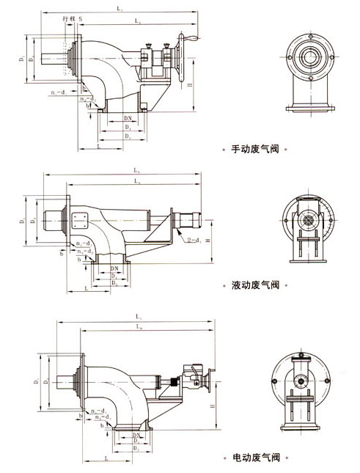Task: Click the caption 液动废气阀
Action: point(253,283)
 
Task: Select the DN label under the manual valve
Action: point(128,117)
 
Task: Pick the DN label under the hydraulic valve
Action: point(114,268)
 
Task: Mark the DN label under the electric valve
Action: point(137,435)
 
